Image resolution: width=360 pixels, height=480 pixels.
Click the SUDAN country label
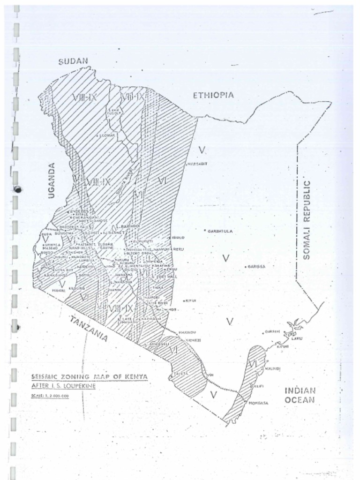[73, 61]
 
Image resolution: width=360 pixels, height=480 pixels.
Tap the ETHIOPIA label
[213, 95]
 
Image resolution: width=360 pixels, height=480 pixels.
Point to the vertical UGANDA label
[52, 180]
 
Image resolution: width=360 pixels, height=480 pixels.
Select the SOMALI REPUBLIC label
[307, 219]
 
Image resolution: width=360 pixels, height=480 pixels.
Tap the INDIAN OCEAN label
[300, 395]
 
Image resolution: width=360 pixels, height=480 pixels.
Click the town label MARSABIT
[197, 164]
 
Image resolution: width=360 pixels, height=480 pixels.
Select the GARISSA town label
[256, 266]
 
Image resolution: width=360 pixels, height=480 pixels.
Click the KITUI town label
[191, 300]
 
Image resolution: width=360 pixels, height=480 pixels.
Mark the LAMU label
[297, 338]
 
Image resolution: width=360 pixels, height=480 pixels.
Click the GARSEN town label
[272, 331]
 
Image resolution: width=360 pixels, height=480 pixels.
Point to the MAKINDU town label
[187, 332]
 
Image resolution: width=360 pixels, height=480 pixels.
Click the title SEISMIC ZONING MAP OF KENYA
[89, 376]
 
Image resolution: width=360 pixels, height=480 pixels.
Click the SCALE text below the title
[50, 396]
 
